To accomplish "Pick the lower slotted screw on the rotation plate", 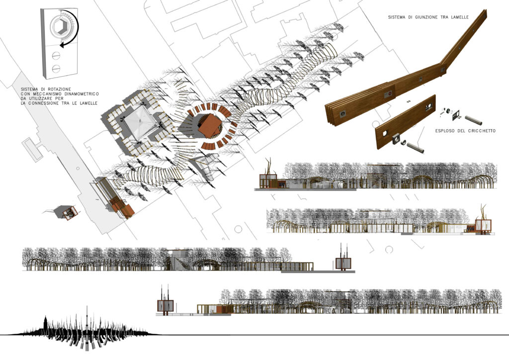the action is click(x=56, y=69).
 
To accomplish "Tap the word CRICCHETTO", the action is click(x=482, y=131).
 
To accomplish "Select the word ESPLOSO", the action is click(x=445, y=131).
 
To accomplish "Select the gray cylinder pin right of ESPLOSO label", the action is click(x=473, y=120).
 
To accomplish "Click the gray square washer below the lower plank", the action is click(x=397, y=139).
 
